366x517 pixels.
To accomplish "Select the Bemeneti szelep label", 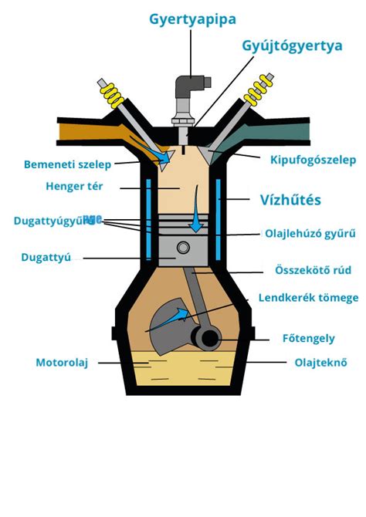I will coord(68,164).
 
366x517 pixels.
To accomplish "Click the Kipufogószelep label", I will coord(313,161).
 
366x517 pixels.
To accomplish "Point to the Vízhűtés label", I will coord(290,200).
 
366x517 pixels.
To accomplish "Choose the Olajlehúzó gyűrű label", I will coord(310,232).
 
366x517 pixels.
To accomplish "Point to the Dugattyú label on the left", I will coord(47,258).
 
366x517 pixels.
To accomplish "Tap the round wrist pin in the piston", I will coord(183,248).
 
